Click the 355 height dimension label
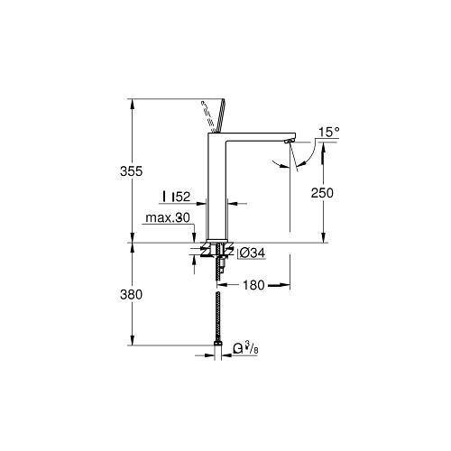pyautogui.click(x=131, y=171)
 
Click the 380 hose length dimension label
pyautogui.click(x=131, y=295)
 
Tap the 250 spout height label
pyautogui.click(x=322, y=193)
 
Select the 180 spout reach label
pyautogui.click(x=253, y=285)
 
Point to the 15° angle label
pyautogui.click(x=329, y=132)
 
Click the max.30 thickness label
pyautogui.click(x=168, y=217)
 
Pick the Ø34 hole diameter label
pyautogui.click(x=253, y=253)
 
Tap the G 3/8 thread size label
pyautogui.click(x=246, y=348)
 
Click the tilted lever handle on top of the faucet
pyautogui.click(x=218, y=115)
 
